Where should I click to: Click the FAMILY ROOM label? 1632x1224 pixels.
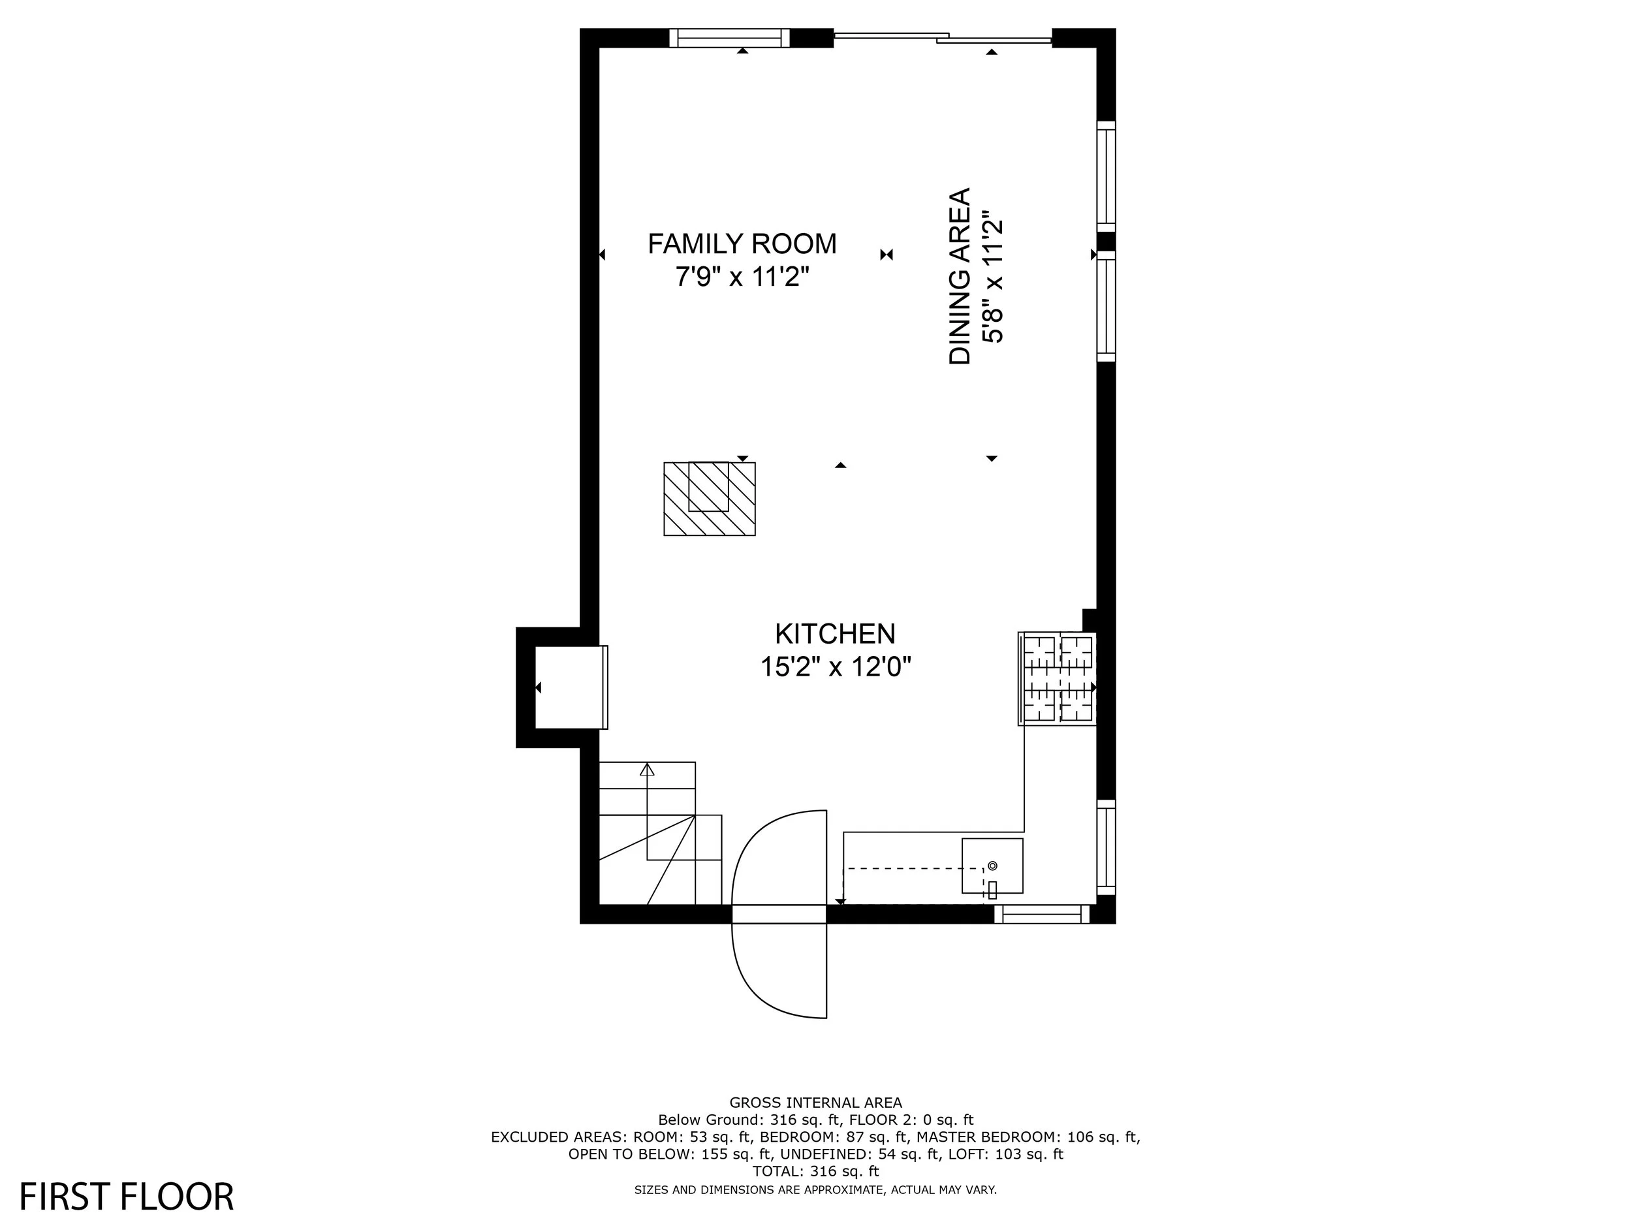[742, 243]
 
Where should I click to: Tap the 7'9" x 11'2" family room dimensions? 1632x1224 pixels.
[742, 277]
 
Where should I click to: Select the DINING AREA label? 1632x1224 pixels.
[960, 276]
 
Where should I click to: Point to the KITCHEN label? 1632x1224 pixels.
[835, 634]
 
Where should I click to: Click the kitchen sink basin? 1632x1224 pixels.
[992, 866]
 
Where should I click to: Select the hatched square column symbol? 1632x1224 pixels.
[710, 499]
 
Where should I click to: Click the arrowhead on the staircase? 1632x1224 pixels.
[647, 770]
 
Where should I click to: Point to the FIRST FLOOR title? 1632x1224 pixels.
[126, 1197]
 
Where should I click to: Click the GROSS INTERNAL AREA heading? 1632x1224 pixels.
[816, 1103]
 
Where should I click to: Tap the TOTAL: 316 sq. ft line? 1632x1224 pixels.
[816, 1171]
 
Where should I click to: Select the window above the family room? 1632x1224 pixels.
[729, 38]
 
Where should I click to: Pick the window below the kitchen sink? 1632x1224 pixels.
[1042, 914]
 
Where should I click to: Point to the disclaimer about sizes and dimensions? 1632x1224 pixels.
[816, 1189]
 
